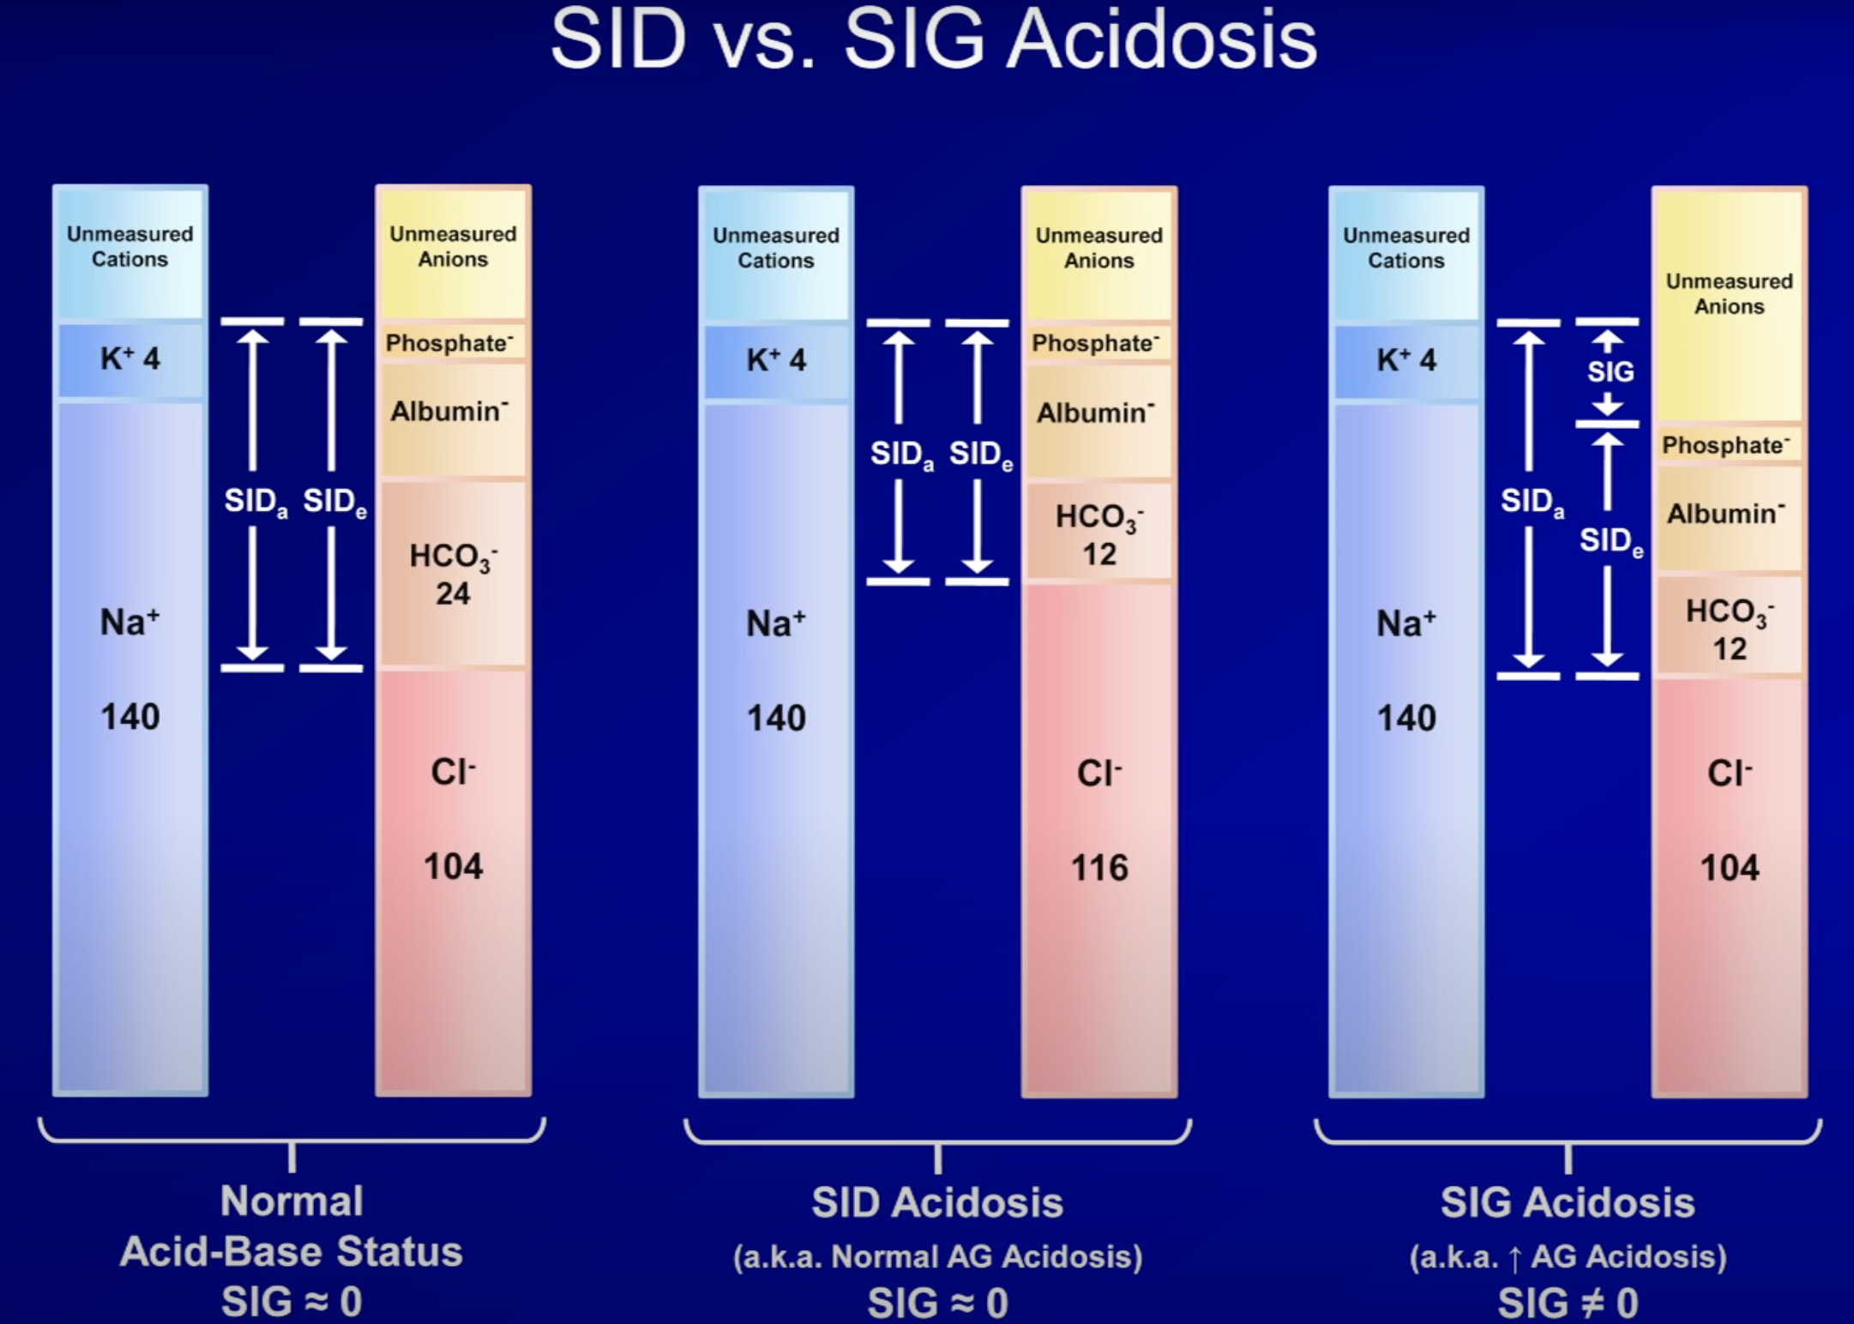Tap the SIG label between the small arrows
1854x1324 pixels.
click(x=1610, y=371)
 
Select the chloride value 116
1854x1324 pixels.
click(x=1099, y=868)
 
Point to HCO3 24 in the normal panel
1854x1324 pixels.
click(x=453, y=573)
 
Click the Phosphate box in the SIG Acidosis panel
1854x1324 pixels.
click(x=1729, y=445)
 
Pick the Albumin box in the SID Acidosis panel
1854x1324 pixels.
click(x=1099, y=421)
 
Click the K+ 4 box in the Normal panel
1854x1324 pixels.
click(x=130, y=359)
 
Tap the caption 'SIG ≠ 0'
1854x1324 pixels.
click(x=1568, y=1303)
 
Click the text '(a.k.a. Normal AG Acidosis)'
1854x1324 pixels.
click(x=937, y=1257)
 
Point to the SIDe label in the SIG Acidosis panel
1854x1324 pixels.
click(x=1611, y=541)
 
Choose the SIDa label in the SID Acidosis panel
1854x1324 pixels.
click(x=901, y=454)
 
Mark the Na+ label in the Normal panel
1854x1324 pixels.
click(x=129, y=622)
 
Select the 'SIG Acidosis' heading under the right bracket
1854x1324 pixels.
click(x=1568, y=1202)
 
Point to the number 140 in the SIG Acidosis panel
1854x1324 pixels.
click(x=1406, y=718)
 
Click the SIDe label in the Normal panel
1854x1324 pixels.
click(x=334, y=502)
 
